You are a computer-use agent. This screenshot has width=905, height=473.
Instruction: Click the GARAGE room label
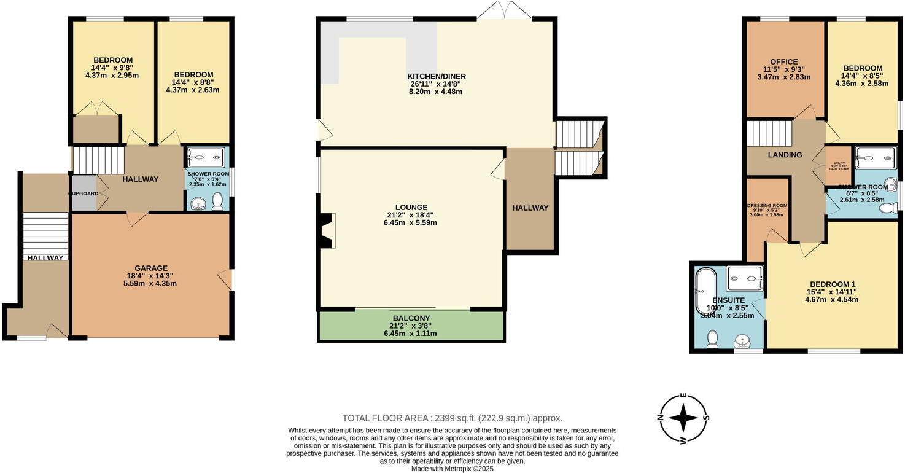pos(151,268)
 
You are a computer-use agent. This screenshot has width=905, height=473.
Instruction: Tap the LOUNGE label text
pos(411,207)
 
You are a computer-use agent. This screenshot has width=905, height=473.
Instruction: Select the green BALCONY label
pos(411,318)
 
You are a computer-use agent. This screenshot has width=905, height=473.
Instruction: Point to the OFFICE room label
pos(784,61)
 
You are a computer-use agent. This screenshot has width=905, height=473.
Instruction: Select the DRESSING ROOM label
pos(767,206)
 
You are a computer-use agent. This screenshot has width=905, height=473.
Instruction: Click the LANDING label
pos(785,155)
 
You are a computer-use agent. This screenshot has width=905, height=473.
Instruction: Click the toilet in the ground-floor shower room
pos(217,203)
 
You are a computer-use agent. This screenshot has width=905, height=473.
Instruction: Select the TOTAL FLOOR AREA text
pos(452,418)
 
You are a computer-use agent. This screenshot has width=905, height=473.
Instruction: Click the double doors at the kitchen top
pos(505,10)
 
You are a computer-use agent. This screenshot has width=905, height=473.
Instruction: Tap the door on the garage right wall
pos(226,279)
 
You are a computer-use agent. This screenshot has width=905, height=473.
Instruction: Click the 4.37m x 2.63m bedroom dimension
pos(193,90)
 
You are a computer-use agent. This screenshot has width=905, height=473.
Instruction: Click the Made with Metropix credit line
pos(452,468)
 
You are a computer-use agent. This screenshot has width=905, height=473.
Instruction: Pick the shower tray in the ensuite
pos(744,278)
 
